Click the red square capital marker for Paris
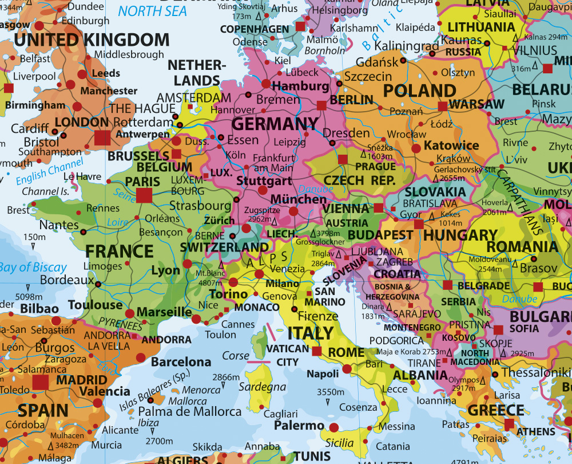(144, 195)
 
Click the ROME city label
(347, 352)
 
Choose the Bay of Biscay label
(33, 268)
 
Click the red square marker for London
(103, 137)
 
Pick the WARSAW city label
(476, 104)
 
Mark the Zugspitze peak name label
(261, 211)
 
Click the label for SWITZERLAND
(224, 247)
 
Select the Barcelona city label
(181, 362)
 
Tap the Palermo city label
(299, 426)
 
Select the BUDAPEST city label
(380, 235)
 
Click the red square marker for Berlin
(321, 105)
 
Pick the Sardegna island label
(263, 387)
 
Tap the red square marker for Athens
(509, 424)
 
